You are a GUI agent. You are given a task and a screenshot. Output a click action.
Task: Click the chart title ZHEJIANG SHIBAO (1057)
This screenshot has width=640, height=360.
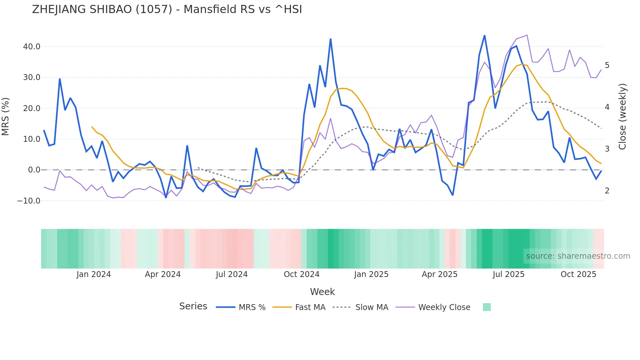(x=167, y=9)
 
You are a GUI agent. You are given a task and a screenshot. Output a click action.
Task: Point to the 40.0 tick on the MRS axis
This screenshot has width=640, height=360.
(x=32, y=47)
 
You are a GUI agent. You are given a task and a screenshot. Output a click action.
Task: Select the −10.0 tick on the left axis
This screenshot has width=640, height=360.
(x=29, y=201)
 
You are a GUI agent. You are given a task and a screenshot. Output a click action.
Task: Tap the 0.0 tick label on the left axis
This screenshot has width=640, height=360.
(x=34, y=170)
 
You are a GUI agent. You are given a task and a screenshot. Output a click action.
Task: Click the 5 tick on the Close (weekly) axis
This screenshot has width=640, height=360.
(x=607, y=65)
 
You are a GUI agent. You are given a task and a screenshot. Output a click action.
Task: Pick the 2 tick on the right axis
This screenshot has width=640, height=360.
(x=607, y=191)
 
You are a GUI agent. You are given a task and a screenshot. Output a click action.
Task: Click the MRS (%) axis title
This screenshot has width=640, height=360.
(x=6, y=117)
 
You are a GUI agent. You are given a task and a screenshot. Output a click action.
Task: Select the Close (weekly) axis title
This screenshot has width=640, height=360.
(x=622, y=117)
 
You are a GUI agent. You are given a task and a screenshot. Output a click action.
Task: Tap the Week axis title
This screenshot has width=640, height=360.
(x=322, y=292)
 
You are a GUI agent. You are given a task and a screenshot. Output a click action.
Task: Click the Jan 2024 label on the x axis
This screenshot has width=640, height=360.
(x=94, y=274)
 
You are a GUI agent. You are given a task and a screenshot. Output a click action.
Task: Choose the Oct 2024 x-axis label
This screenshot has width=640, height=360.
(x=301, y=274)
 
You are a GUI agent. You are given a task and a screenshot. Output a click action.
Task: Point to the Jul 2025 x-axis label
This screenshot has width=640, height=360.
(x=508, y=274)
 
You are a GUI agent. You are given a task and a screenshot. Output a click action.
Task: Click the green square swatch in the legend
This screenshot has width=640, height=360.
(x=487, y=307)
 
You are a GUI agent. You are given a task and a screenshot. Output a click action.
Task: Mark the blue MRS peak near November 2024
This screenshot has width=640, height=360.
(x=330, y=39)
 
